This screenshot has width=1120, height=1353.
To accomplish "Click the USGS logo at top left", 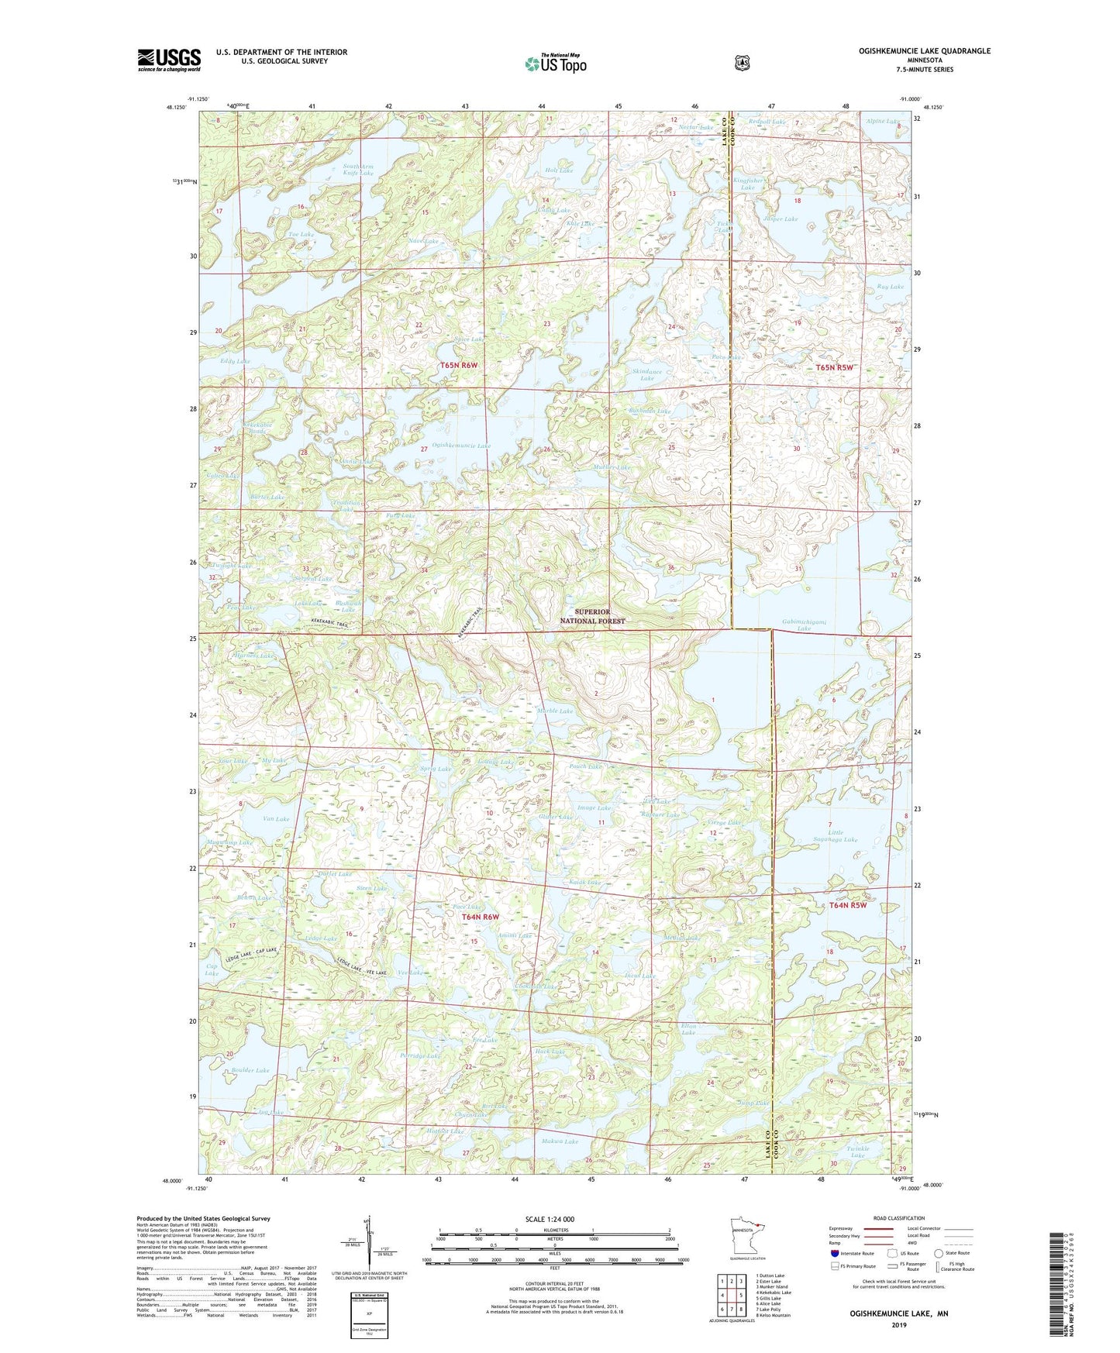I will pos(169,59).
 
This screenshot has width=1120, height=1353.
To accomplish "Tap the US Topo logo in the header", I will pos(555,63).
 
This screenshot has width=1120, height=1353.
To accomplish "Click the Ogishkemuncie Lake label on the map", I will pos(461,446).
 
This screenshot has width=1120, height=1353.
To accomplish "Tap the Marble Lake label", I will pos(555,711).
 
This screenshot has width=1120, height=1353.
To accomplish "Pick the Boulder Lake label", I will pos(250,1070).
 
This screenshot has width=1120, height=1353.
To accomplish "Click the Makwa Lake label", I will pos(560,1141).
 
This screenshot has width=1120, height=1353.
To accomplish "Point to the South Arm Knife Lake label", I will pos(358,170).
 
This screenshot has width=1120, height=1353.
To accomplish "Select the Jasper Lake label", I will pos(780,219).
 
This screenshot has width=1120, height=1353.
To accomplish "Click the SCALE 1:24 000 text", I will pos(550,1219).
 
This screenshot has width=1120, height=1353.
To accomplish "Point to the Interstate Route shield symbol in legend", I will pos(835,1253).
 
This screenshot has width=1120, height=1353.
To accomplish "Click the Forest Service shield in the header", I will pos(742,62).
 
